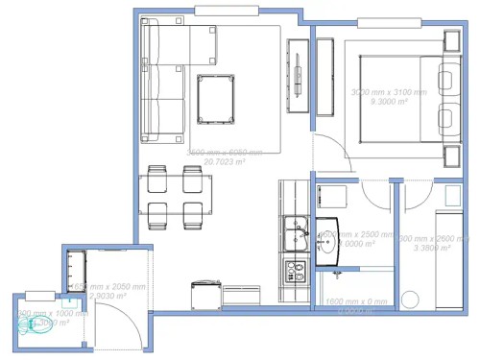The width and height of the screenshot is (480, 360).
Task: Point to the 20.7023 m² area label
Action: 224,162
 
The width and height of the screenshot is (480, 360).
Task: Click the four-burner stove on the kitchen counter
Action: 293,272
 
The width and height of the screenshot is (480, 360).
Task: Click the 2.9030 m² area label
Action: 108,296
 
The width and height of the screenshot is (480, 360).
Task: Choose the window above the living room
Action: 230,12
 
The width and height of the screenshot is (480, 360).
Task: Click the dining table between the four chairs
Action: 176,195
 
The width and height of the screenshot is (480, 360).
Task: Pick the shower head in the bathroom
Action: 337,274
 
